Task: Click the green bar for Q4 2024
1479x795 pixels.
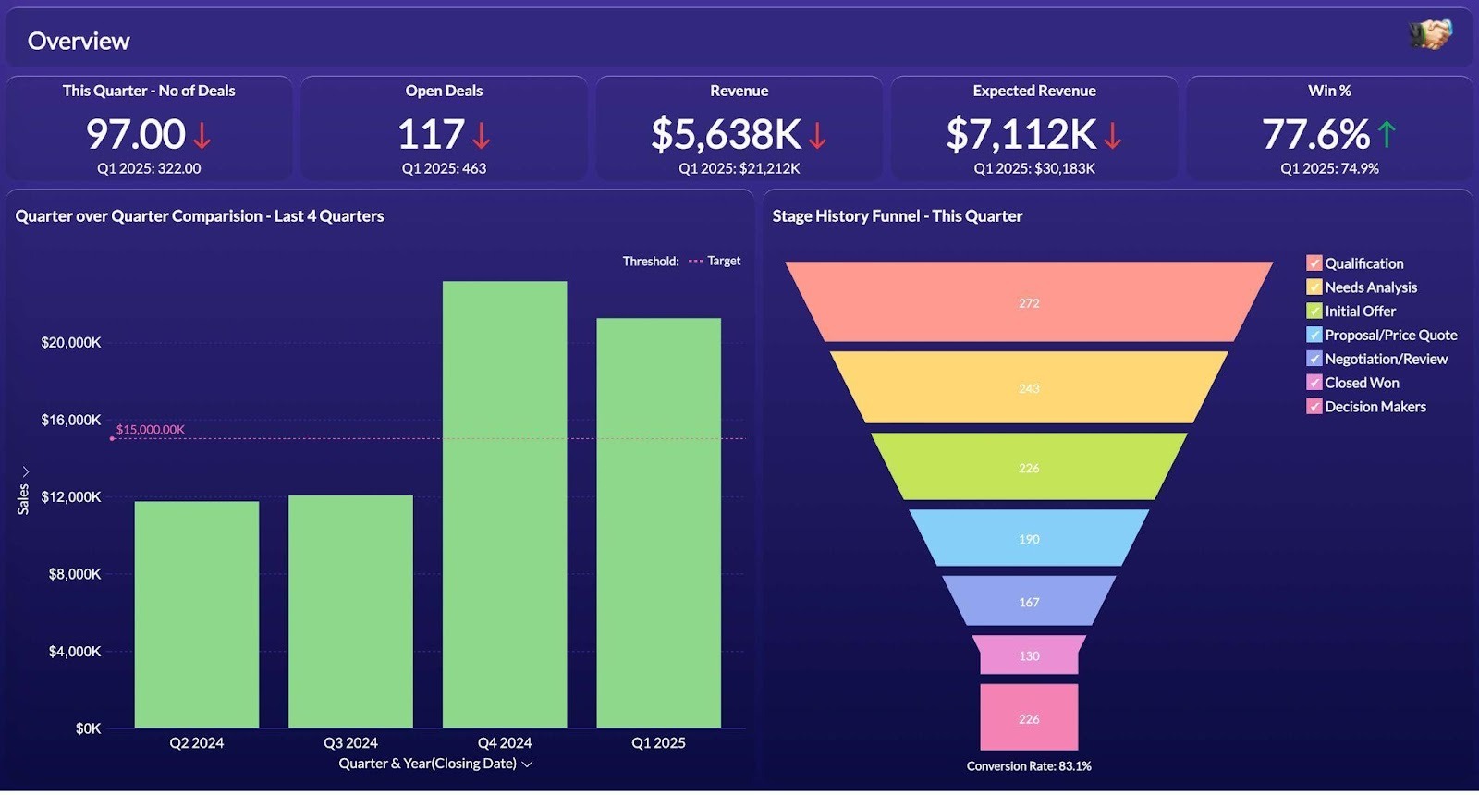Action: click(505, 504)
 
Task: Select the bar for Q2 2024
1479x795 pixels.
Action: click(197, 614)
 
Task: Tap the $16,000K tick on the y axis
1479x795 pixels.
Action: click(71, 420)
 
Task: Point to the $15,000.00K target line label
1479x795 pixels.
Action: click(150, 430)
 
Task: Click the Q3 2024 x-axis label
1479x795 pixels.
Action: click(350, 743)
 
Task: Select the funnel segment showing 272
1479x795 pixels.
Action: click(1029, 303)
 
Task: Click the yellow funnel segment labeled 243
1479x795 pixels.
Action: click(1029, 388)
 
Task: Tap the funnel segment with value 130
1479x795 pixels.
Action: click(1029, 655)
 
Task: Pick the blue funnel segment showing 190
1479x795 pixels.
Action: click(1029, 539)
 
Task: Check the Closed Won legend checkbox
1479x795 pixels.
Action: click(1314, 383)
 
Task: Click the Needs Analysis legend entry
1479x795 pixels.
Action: click(1370, 287)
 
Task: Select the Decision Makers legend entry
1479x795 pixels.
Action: click(1375, 407)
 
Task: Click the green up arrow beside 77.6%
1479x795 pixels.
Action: click(1387, 135)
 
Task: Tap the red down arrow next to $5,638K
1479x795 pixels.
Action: click(817, 136)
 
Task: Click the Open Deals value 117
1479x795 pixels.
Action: click(431, 135)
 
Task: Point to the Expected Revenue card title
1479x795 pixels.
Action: click(1033, 91)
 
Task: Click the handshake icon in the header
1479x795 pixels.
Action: click(1429, 35)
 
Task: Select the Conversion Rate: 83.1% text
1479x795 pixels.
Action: click(1029, 766)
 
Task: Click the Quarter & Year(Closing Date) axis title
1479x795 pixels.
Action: click(428, 764)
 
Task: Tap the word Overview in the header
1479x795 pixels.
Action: click(79, 41)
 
